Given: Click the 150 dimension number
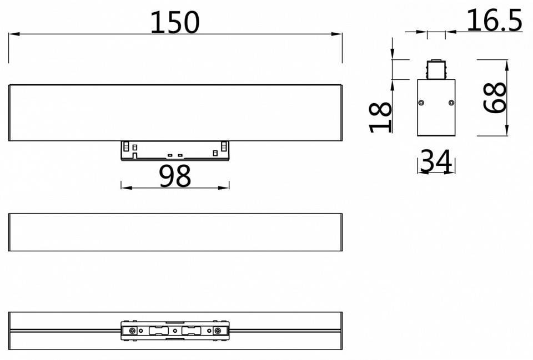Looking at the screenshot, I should (175, 22).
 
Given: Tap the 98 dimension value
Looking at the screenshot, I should (175, 176).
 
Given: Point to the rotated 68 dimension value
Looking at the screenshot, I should (494, 98).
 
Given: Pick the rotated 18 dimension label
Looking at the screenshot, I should (381, 117).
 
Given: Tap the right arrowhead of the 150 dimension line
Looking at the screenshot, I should (338, 34).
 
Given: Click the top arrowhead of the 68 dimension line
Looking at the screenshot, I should (507, 64).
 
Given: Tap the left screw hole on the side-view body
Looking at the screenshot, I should (422, 103).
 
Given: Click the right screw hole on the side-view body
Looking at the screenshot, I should (451, 103).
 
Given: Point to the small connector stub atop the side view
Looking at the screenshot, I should (436, 69).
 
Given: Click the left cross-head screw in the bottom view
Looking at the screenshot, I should (133, 331).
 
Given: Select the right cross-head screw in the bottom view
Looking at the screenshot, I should (217, 331).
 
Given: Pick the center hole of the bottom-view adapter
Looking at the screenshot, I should (175, 331).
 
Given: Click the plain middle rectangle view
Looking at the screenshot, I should (175, 232).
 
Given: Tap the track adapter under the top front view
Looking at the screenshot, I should (175, 150).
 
